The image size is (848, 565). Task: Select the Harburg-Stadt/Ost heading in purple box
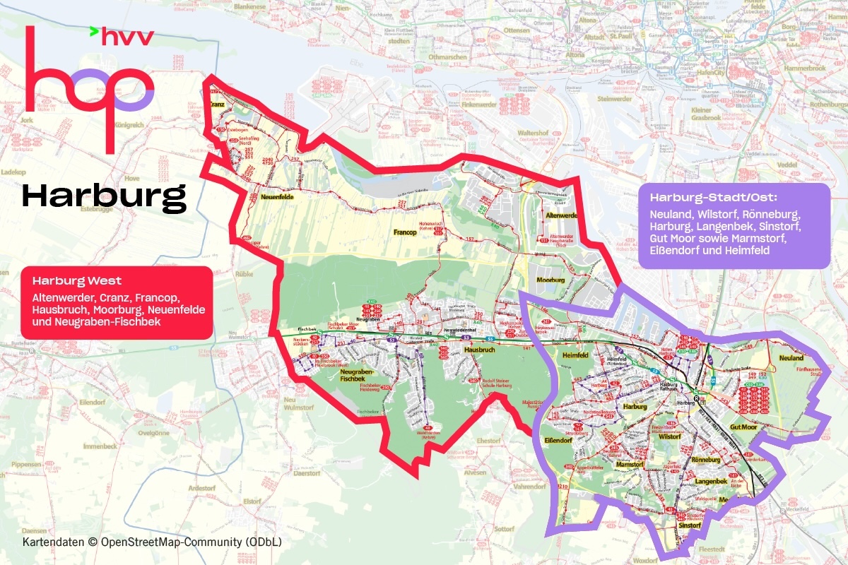coord(714,196)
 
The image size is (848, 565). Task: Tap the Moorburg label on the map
coord(551,280)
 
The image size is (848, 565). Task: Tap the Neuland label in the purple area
coord(791,358)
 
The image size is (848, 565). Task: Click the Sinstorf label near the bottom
coord(689,526)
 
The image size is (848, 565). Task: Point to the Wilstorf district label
coord(669,437)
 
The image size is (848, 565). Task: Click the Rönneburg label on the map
coord(705,460)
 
